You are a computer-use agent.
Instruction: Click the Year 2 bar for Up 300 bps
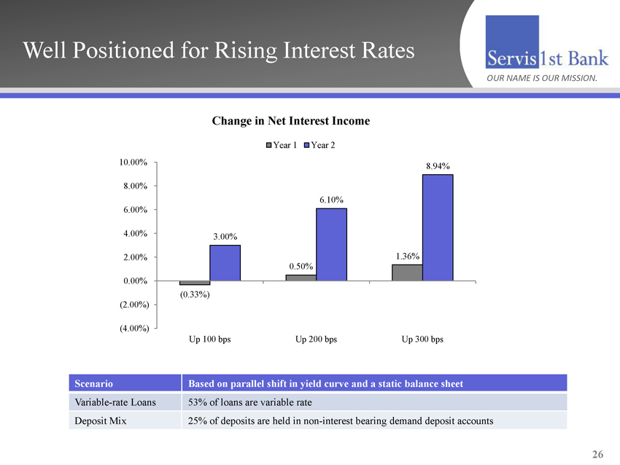[x=438, y=227]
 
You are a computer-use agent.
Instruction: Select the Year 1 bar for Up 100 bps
[x=194, y=283]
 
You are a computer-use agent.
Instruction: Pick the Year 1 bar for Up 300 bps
[x=407, y=273]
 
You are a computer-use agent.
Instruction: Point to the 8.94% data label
[x=437, y=166]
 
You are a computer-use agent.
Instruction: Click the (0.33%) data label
[x=195, y=294]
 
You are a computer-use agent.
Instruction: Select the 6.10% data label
[x=331, y=200]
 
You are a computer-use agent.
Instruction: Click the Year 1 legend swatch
[x=268, y=144]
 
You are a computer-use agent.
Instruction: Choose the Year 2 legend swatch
[x=306, y=144]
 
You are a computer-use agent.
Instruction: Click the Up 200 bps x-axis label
[x=316, y=340]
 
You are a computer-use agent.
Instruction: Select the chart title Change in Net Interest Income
[x=291, y=121]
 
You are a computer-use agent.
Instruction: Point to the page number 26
[x=597, y=455]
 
